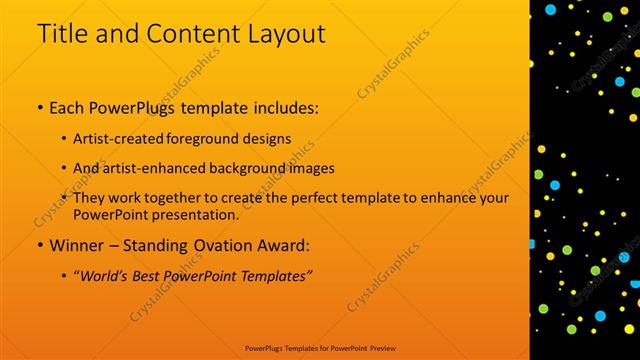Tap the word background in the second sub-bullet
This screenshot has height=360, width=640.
(255, 168)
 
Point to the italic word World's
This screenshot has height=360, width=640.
(104, 275)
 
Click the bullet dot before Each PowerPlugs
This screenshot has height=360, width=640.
(39, 106)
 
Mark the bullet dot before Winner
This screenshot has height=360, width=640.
(39, 245)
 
